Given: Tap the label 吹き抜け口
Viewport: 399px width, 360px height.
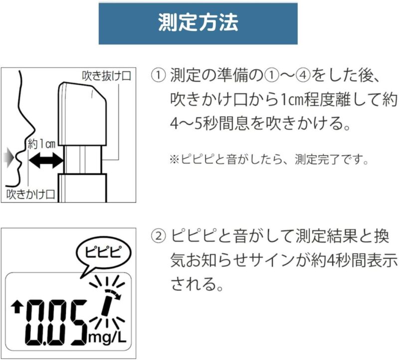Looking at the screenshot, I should (106, 76).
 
